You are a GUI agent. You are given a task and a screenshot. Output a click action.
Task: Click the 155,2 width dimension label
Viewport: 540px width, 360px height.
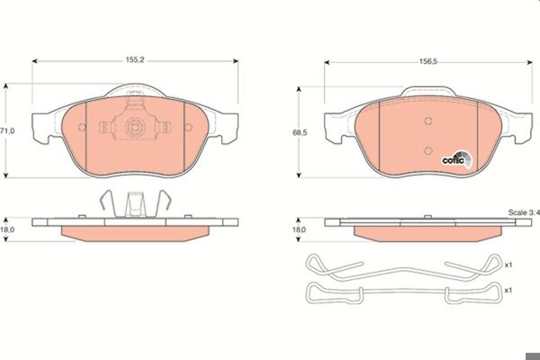(x=135, y=60)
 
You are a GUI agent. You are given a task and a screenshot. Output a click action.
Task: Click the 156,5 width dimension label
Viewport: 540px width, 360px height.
(x=428, y=61)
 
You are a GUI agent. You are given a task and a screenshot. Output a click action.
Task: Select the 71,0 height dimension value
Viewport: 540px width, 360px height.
(x=7, y=130)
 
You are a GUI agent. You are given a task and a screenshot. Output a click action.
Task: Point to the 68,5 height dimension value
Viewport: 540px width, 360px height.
(x=300, y=132)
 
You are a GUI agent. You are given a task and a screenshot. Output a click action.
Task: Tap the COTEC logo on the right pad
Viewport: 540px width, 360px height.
(x=457, y=160)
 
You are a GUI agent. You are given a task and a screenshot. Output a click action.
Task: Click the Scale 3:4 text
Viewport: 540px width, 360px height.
(x=524, y=212)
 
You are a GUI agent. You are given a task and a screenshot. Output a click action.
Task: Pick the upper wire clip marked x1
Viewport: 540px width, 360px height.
(x=402, y=269)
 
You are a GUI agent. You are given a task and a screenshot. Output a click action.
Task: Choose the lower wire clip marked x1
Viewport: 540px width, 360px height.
(x=404, y=293)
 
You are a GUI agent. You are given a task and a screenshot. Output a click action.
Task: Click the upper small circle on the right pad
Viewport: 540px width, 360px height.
(x=428, y=121)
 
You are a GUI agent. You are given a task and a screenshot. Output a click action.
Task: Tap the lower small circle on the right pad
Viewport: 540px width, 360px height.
(x=428, y=150)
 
